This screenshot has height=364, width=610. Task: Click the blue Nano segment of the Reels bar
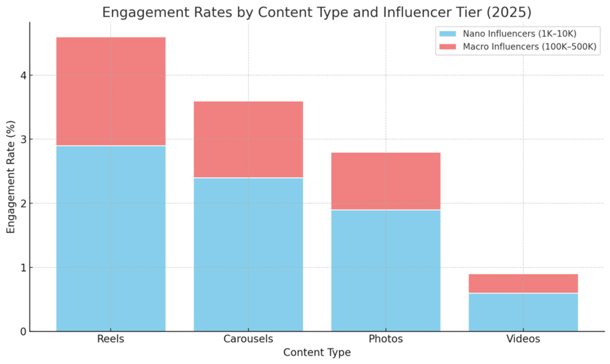click(x=110, y=238)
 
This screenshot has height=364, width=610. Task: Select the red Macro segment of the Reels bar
click(x=110, y=91)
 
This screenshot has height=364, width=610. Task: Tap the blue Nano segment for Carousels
click(x=248, y=254)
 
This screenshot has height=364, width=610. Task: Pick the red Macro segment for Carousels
click(x=248, y=139)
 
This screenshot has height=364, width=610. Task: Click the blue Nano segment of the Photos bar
click(x=386, y=270)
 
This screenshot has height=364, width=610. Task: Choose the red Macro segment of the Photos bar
click(x=386, y=181)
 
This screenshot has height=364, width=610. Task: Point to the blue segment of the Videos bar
click(x=523, y=312)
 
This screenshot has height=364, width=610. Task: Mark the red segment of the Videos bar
click(x=523, y=283)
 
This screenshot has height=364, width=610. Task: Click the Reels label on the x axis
click(x=110, y=339)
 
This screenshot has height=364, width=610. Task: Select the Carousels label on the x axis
click(x=248, y=339)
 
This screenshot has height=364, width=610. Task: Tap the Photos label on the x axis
click(x=386, y=339)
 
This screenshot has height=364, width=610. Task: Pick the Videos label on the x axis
click(x=523, y=339)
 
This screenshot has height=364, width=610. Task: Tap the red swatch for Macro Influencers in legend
click(x=448, y=47)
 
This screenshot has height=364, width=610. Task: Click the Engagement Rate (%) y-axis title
click(x=10, y=176)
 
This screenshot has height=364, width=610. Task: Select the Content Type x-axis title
click(x=317, y=352)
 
